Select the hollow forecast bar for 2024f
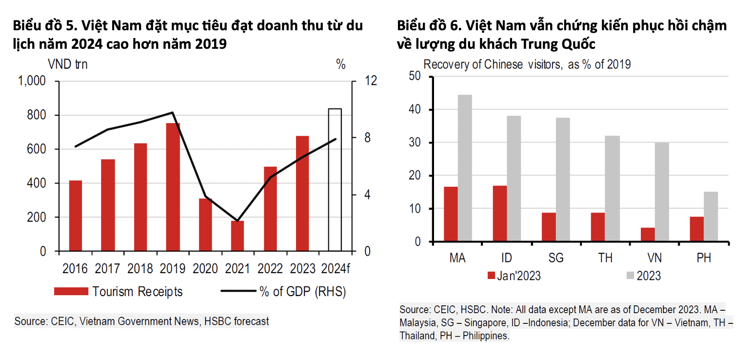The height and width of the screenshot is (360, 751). pyautogui.click(x=335, y=180)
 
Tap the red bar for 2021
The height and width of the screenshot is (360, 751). pyautogui.click(x=237, y=236)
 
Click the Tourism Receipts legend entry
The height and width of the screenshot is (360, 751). pyautogui.click(x=119, y=292)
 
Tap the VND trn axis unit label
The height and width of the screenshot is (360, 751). pyautogui.click(x=68, y=64)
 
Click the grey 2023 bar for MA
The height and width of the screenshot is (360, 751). pyautogui.click(x=465, y=168)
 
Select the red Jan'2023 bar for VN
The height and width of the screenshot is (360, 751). pyautogui.click(x=648, y=235)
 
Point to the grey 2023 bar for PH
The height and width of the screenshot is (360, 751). pyautogui.click(x=711, y=217)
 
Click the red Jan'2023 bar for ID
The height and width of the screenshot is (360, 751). pyautogui.click(x=500, y=214)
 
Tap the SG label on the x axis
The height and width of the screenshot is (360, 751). pyautogui.click(x=556, y=258)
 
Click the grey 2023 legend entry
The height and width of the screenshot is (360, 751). pyautogui.click(x=643, y=276)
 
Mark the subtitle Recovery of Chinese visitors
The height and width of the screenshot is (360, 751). pyautogui.click(x=527, y=64)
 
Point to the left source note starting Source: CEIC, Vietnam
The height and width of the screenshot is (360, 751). pyautogui.click(x=141, y=321)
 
